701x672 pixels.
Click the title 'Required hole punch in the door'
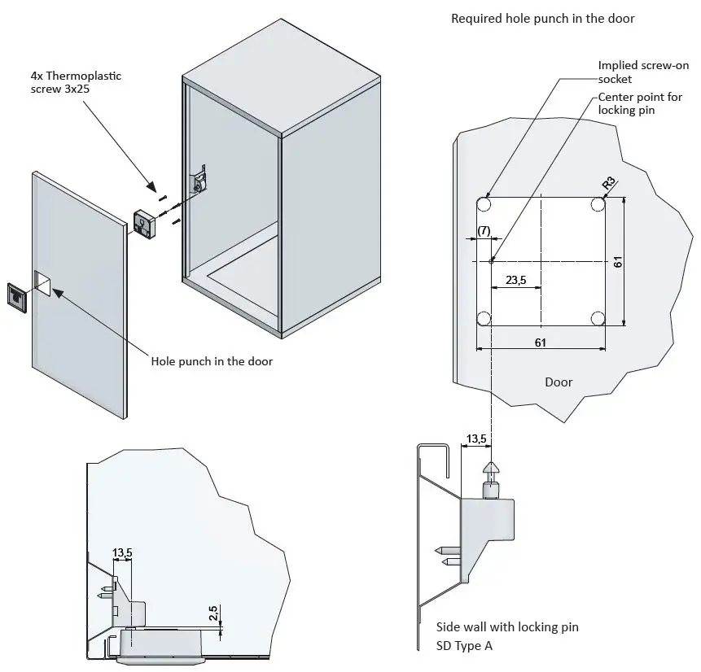(542, 18)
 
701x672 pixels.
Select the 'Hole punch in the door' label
(212, 361)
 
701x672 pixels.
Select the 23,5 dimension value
(515, 280)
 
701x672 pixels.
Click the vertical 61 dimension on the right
(618, 261)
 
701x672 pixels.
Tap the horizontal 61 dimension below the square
(541, 343)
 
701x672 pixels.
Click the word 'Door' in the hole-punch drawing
(559, 382)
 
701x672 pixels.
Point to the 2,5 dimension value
(212, 613)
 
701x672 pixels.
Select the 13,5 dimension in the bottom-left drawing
(122, 553)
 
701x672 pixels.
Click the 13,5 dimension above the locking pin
(475, 439)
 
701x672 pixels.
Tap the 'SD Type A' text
(465, 646)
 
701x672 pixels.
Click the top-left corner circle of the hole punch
(484, 203)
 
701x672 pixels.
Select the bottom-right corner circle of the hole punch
(598, 318)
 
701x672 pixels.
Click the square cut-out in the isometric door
(42, 281)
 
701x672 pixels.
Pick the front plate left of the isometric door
(18, 298)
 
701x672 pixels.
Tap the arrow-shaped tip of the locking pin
(491, 472)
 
